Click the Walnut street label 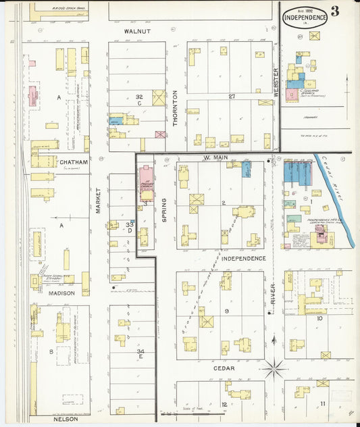tap(136, 31)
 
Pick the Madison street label tap(61, 293)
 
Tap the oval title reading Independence tap(305, 17)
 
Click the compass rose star tap(275, 370)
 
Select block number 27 tap(232, 97)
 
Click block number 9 tap(228, 311)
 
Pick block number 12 tap(224, 404)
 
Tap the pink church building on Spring tap(146, 184)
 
